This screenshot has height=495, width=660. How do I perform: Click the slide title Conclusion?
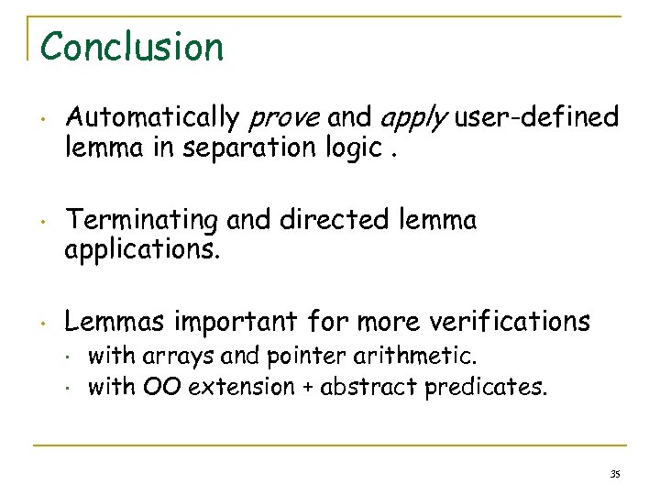(132, 47)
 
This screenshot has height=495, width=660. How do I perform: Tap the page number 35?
(615, 473)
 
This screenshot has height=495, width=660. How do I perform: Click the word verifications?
(511, 322)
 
